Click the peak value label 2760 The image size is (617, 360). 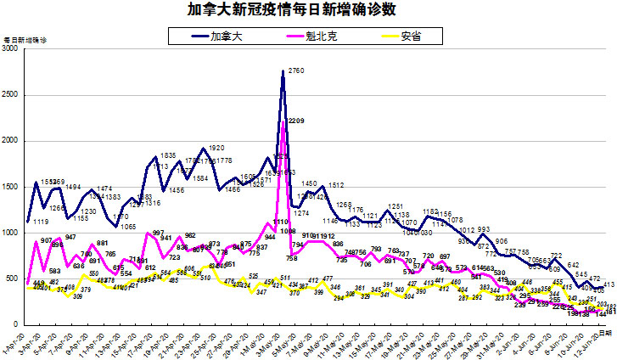tap(297, 70)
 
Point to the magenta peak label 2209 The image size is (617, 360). tap(296, 121)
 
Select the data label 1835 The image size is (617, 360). tap(168, 155)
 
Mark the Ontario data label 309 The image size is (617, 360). tap(77, 296)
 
